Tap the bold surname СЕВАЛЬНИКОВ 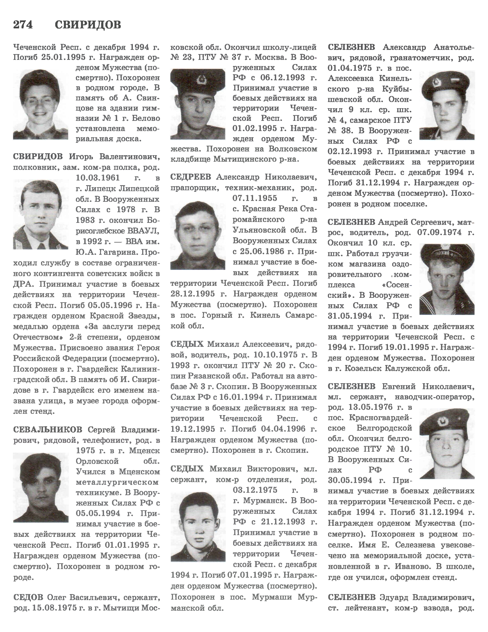point(47,430)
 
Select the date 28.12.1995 point(193,294)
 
